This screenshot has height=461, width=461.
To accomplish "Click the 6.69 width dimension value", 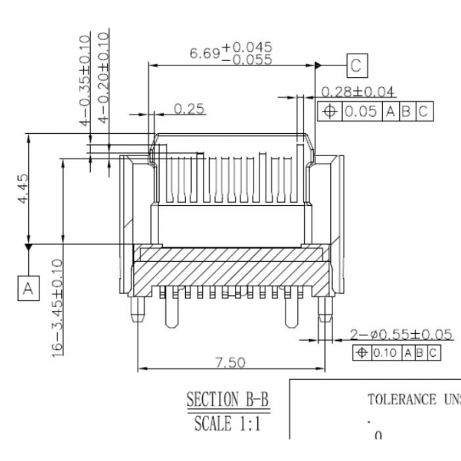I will [x=204, y=54].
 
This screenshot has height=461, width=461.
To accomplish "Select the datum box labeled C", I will [x=357, y=66].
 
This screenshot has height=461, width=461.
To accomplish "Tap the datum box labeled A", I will [x=28, y=288].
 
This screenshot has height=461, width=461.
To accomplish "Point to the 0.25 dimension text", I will [x=190, y=109].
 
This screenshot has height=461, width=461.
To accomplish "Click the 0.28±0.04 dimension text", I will [x=358, y=91].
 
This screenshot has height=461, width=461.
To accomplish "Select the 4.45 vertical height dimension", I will [x=25, y=190].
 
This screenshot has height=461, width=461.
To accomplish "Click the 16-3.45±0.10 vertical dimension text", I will [x=57, y=308].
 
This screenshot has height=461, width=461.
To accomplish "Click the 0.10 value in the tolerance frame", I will [x=385, y=352].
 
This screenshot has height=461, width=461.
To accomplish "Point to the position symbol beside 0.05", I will [x=329, y=112].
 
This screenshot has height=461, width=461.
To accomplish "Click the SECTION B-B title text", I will [x=228, y=399].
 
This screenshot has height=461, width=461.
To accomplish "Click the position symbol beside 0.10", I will [x=362, y=352].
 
